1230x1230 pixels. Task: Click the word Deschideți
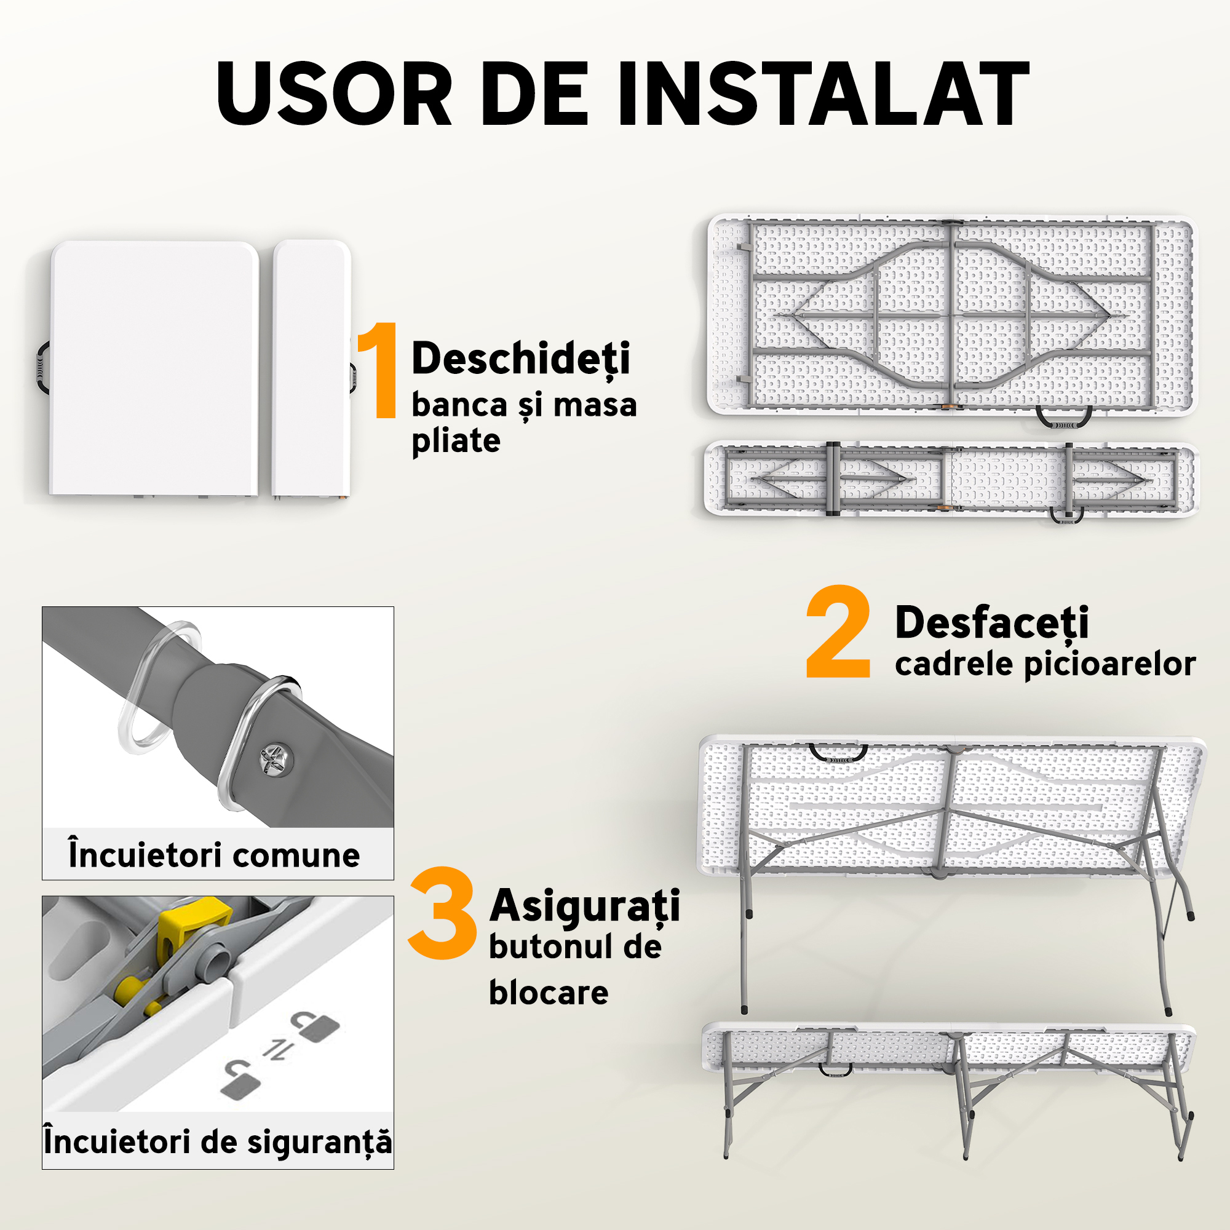pyautogui.click(x=520, y=359)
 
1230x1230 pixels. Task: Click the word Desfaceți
pyautogui.click(x=991, y=622)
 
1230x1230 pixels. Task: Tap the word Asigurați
pyautogui.click(x=584, y=906)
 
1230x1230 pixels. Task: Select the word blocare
pyautogui.click(x=548, y=993)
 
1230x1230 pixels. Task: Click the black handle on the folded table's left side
pyautogui.click(x=42, y=368)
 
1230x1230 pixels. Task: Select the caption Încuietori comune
pyautogui.click(x=214, y=854)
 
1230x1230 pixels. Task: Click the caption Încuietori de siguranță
pyautogui.click(x=218, y=1141)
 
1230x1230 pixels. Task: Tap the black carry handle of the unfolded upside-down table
pyautogui.click(x=1064, y=417)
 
